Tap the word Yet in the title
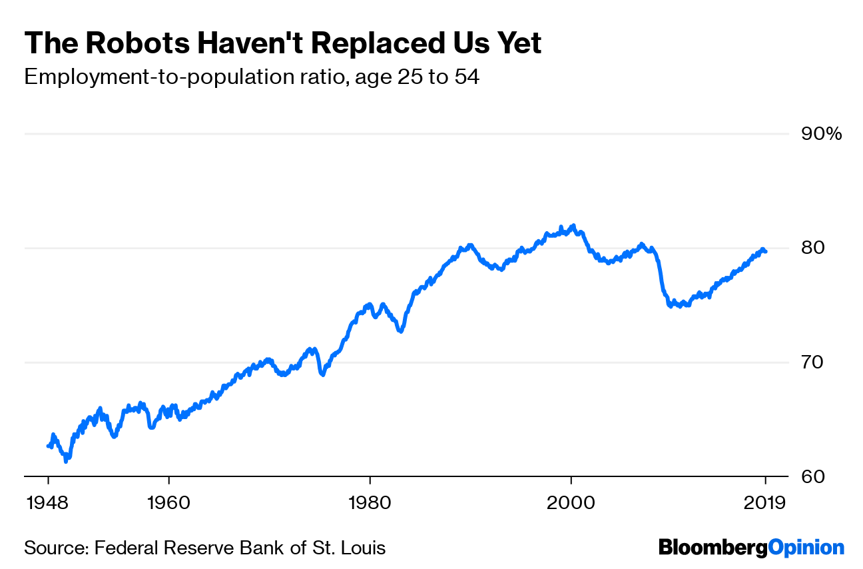click(x=515, y=44)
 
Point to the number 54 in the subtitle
click(x=467, y=77)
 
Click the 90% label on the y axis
click(x=820, y=135)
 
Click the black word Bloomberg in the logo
click(x=713, y=548)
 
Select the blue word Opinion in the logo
click(x=806, y=548)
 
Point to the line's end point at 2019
click(x=765, y=251)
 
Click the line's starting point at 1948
click(x=48, y=446)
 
